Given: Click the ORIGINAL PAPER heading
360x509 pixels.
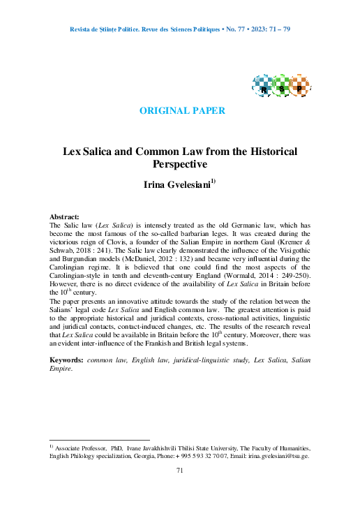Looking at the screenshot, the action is pos(182,111).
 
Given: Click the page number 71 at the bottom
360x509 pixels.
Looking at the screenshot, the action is pos(180,471).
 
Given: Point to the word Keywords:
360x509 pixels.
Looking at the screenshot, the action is pos(67,359).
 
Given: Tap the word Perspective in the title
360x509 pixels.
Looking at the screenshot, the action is pos(180,165).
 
